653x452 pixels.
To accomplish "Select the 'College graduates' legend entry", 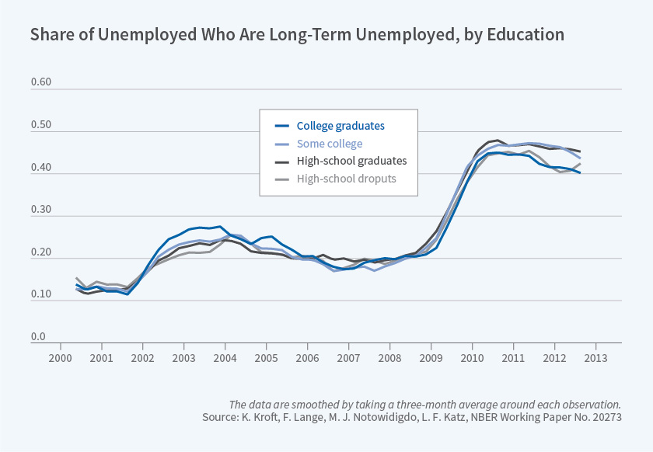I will [340, 125].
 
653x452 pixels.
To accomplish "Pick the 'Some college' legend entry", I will [330, 144].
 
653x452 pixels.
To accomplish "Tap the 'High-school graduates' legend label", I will [351, 162].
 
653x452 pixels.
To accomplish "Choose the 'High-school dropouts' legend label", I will [347, 179].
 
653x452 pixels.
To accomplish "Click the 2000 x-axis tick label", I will [60, 358].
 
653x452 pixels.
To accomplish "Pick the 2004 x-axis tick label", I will [225, 358].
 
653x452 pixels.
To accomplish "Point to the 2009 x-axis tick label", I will [431, 358].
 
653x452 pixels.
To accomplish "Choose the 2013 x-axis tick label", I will [595, 358].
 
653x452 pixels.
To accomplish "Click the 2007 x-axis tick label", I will [348, 358].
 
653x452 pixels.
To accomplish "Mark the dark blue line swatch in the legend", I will [282, 126].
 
